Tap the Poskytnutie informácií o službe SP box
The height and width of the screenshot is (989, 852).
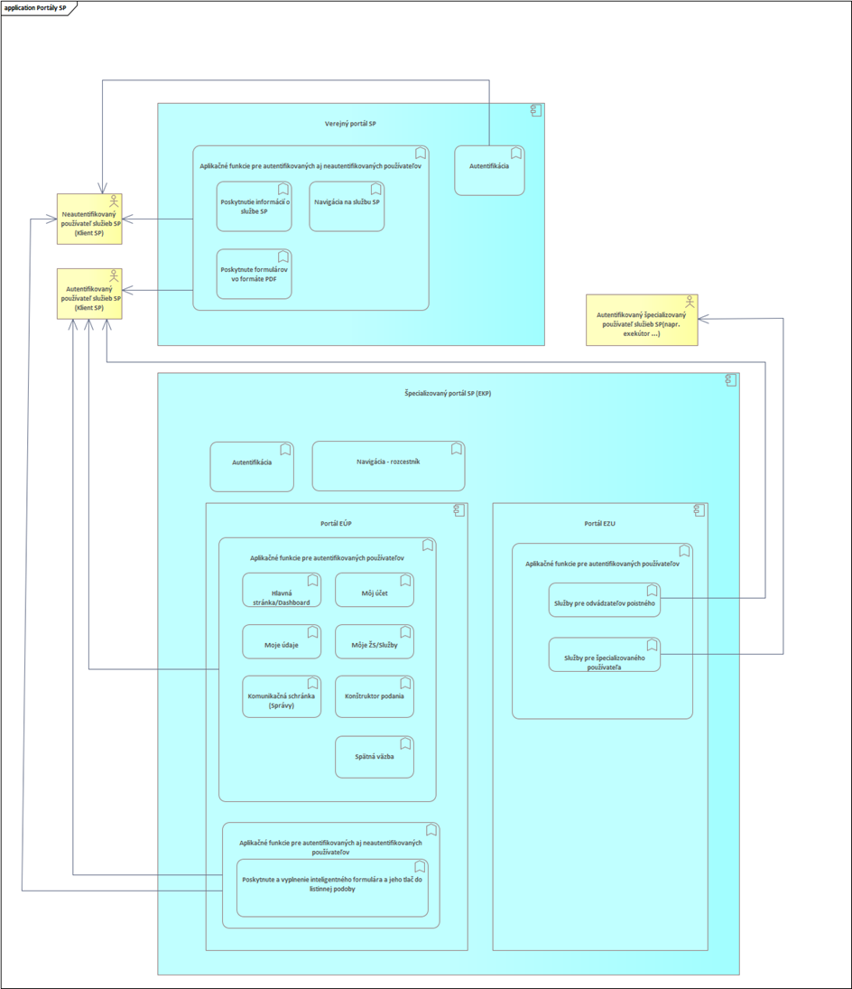pos(254,206)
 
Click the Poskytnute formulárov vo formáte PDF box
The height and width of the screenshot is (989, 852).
pos(254,274)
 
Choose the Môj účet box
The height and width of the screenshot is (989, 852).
pos(374,591)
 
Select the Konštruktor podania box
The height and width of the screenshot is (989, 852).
pos(374,696)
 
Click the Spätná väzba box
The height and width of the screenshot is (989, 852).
pos(374,757)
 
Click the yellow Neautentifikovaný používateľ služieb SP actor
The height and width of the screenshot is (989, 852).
pos(88,219)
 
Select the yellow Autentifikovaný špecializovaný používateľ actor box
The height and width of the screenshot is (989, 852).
pos(641,320)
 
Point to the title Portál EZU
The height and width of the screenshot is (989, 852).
pos(599,524)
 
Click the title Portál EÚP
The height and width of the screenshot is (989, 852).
pos(336,524)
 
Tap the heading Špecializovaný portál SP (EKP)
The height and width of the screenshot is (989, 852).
pos(448,394)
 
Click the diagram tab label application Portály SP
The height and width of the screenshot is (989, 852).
pos(36,6)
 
